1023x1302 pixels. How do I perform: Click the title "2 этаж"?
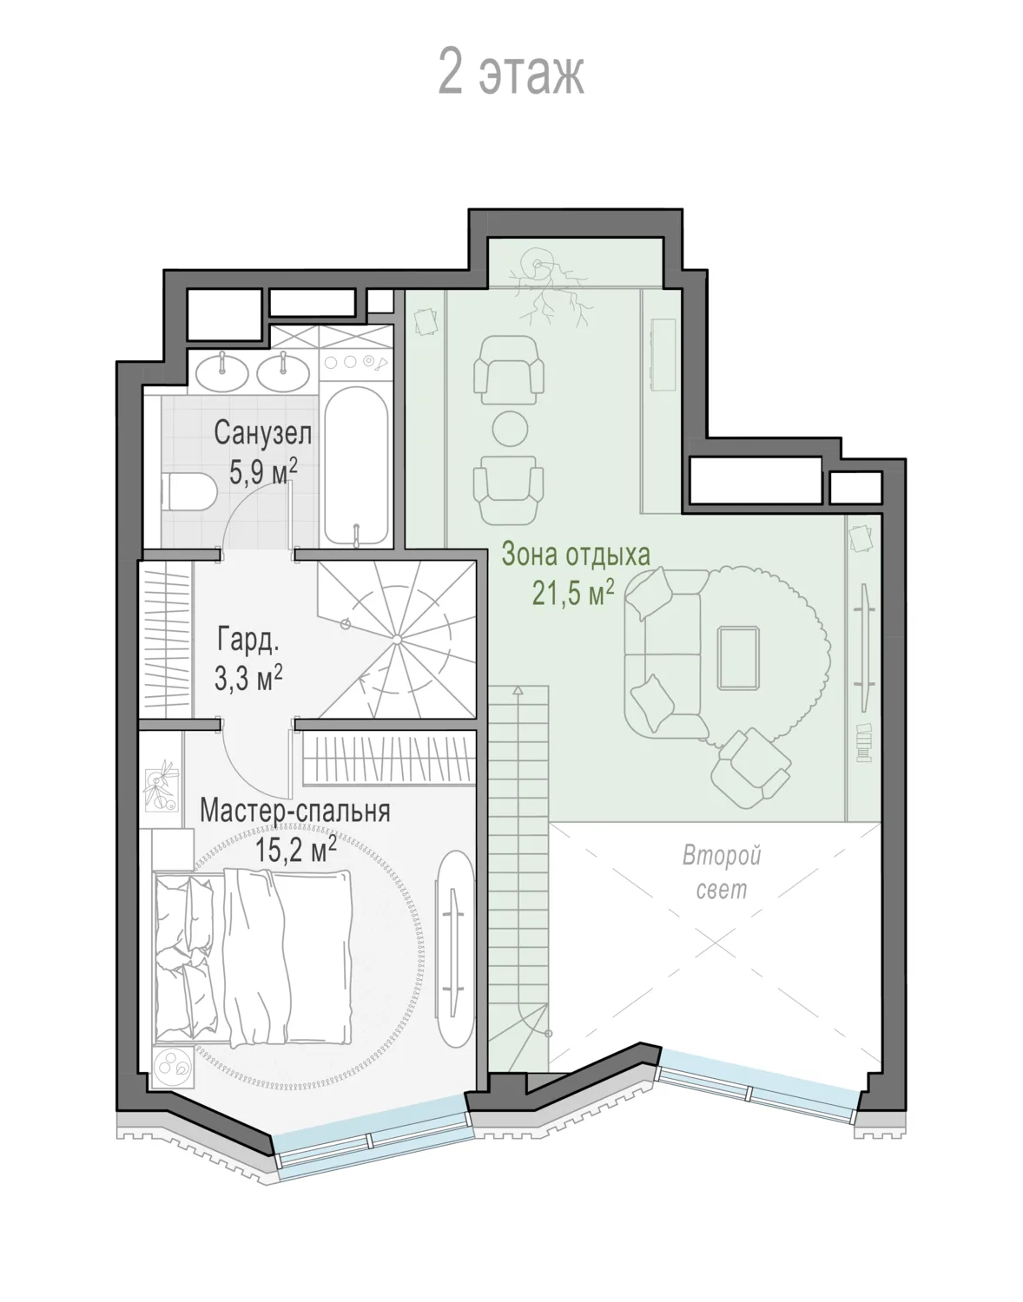tap(511, 73)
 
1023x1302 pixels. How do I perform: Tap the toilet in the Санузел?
tap(188, 491)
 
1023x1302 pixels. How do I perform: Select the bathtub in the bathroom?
tap(356, 466)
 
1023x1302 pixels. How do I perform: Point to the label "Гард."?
tap(248, 640)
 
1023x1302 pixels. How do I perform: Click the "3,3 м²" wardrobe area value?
tap(248, 678)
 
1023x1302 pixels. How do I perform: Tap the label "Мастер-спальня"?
tap(295, 811)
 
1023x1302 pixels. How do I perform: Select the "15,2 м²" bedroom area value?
tap(295, 850)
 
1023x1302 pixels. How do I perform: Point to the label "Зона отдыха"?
tap(575, 555)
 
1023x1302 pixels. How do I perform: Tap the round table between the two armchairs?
tap(511, 429)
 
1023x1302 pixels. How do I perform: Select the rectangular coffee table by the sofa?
tap(738, 657)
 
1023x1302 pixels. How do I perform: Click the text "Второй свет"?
tap(722, 871)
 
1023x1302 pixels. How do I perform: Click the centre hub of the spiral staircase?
tap(398, 640)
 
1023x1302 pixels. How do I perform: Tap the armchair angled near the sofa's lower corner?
tap(750, 767)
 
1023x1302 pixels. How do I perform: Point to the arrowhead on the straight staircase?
tap(518, 690)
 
